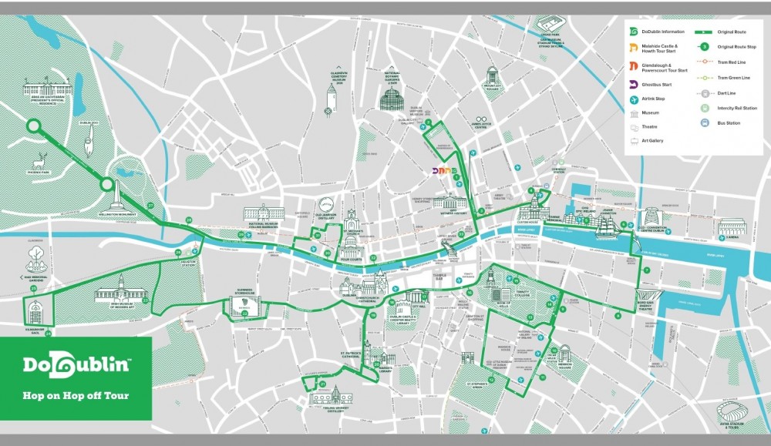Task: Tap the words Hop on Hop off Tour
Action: (76, 396)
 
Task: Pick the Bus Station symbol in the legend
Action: (705, 121)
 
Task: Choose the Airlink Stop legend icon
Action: (634, 99)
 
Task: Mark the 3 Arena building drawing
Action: (732, 226)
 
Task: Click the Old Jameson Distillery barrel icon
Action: (326, 203)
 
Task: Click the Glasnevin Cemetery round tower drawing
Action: (332, 99)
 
